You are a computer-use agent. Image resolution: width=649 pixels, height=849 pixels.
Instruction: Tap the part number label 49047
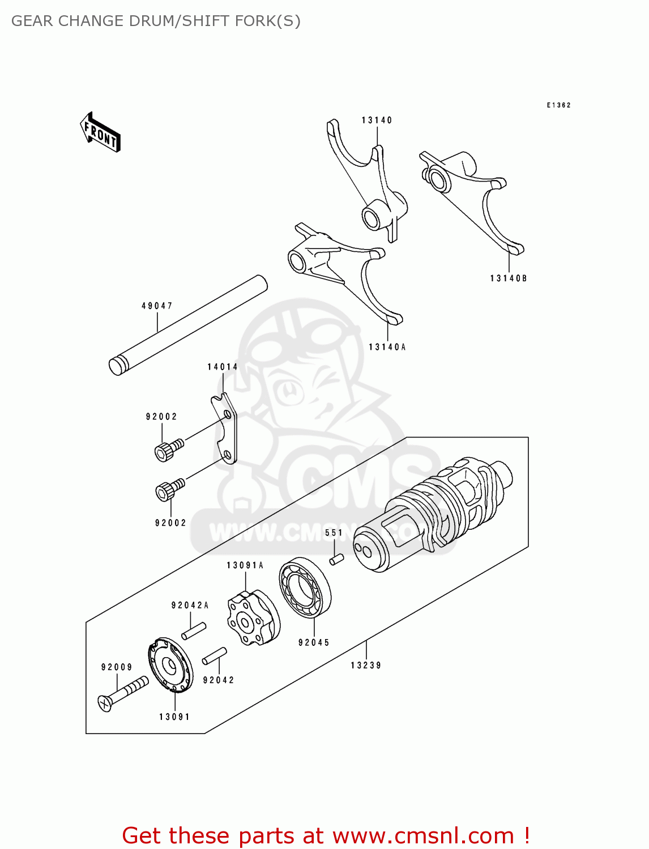coord(157,306)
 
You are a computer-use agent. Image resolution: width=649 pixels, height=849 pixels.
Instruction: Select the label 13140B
coord(508,278)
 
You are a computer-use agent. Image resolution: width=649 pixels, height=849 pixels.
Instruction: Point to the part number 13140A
coord(387,347)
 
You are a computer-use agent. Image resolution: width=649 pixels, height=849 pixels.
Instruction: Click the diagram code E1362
coord(558,105)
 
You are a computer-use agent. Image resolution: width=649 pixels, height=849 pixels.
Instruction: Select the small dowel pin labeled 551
coord(336,559)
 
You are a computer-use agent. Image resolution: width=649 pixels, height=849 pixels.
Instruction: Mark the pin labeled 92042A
coord(194,631)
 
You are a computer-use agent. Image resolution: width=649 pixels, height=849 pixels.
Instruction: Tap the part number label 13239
coord(366,666)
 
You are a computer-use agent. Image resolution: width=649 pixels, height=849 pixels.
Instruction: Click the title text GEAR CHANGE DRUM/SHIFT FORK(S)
coord(156,21)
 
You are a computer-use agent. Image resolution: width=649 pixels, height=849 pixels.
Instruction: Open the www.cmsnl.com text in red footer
coord(422,836)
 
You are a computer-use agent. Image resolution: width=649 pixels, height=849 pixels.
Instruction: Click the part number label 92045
coord(314,642)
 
